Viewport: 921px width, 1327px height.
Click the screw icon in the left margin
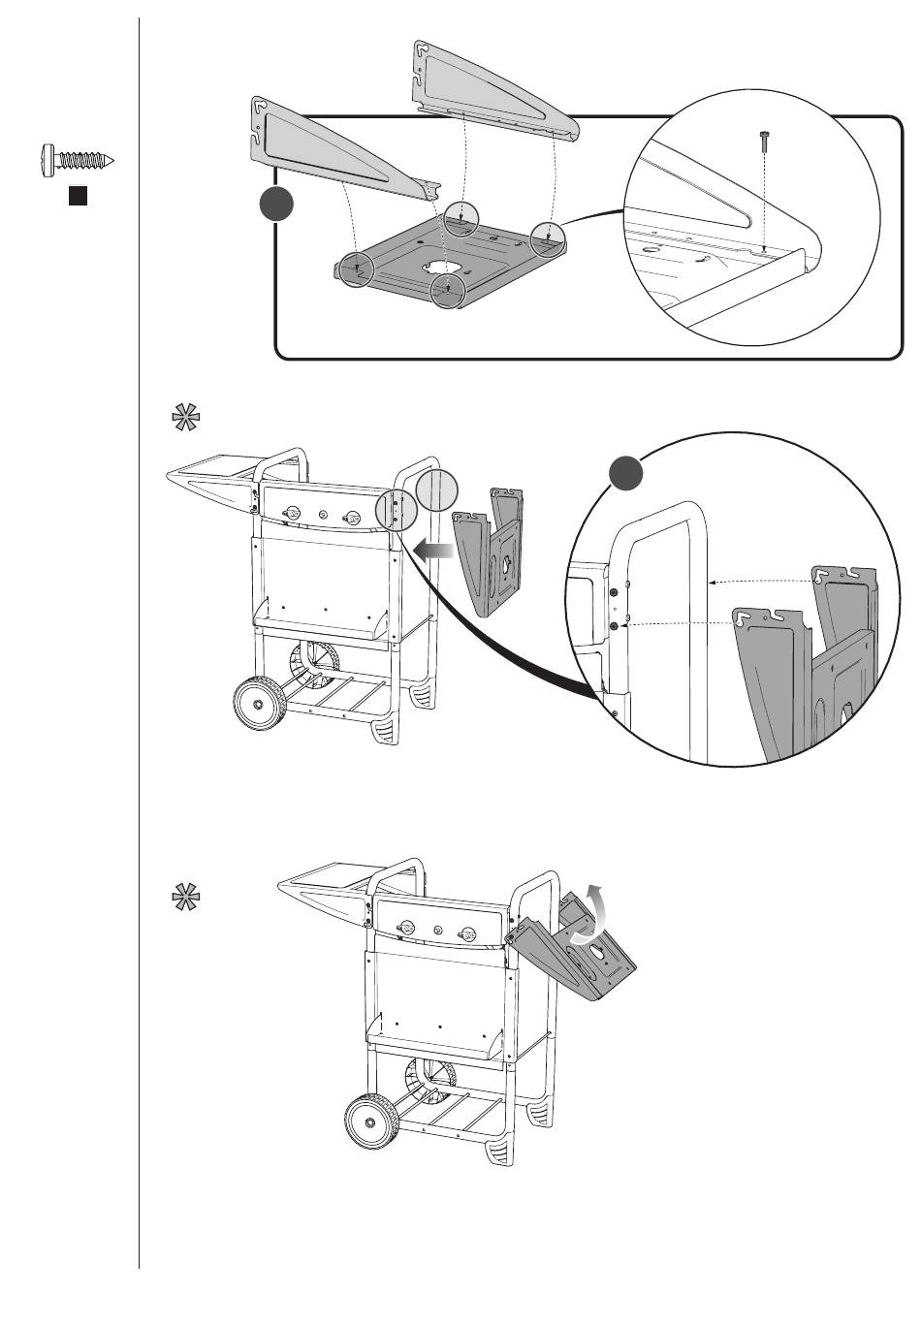pyautogui.click(x=78, y=158)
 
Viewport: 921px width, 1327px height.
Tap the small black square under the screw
pyautogui.click(x=79, y=196)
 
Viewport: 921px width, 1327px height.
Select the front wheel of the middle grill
pyautogui.click(x=260, y=703)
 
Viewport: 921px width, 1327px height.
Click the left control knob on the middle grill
pyautogui.click(x=286, y=513)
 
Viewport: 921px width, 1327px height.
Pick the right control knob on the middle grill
pyautogui.click(x=354, y=519)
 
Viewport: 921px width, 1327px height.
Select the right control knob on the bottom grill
pyautogui.click(x=467, y=934)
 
